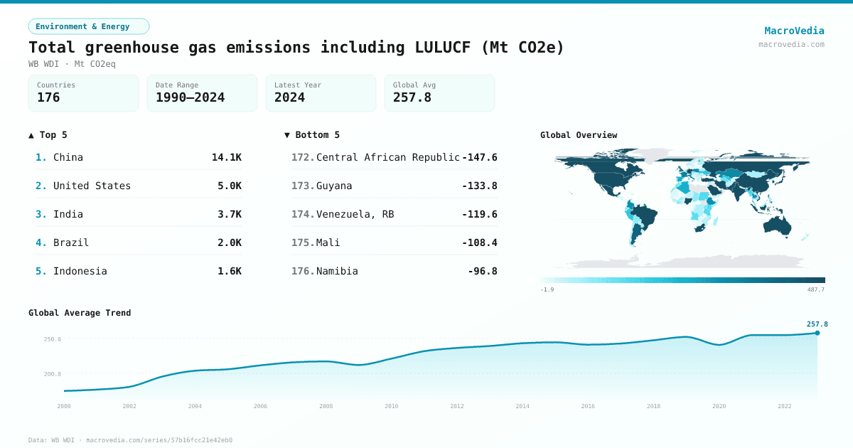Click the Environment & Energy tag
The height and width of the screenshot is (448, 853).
click(88, 26)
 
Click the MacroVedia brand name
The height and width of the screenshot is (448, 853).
click(794, 31)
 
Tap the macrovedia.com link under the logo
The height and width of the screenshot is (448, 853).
click(791, 44)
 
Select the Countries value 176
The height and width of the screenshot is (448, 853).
click(48, 98)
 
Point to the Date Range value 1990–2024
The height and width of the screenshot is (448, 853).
click(190, 98)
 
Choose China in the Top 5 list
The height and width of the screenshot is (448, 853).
click(68, 157)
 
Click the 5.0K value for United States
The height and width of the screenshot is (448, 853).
click(229, 186)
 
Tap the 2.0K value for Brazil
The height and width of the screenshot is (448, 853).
click(229, 242)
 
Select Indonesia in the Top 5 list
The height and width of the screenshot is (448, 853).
click(80, 271)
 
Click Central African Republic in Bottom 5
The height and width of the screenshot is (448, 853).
click(387, 157)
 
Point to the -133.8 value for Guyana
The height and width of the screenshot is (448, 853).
click(479, 186)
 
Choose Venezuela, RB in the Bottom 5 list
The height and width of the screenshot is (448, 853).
click(355, 214)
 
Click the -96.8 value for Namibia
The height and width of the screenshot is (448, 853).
click(482, 271)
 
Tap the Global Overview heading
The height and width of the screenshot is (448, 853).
click(579, 135)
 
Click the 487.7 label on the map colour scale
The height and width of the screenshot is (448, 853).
click(816, 289)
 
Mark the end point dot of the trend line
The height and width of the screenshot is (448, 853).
click(817, 333)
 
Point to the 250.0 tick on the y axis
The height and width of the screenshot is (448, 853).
click(53, 339)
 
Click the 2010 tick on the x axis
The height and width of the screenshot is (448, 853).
click(392, 406)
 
